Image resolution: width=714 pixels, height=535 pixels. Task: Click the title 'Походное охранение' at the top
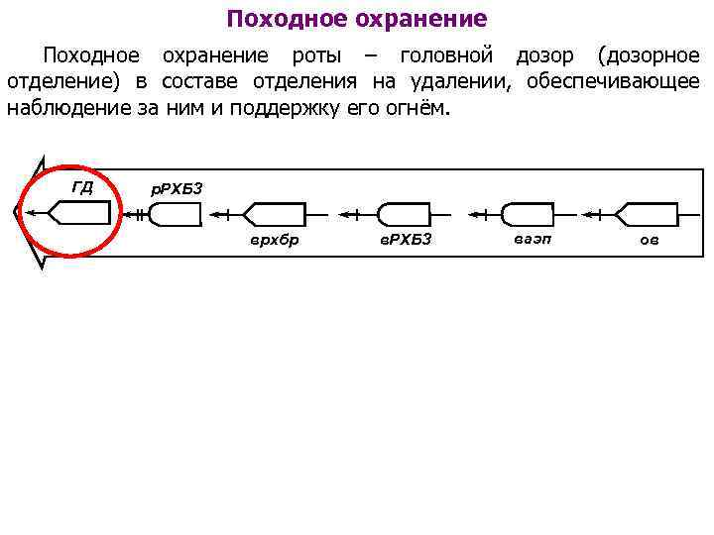357,19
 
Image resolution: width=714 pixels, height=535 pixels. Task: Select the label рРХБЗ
176,188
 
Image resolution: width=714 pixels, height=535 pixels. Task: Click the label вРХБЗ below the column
407,240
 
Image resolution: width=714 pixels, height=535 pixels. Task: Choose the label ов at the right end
649,240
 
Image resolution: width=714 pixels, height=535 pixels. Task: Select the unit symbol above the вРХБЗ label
405,213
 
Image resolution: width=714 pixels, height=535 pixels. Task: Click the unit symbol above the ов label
647,213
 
